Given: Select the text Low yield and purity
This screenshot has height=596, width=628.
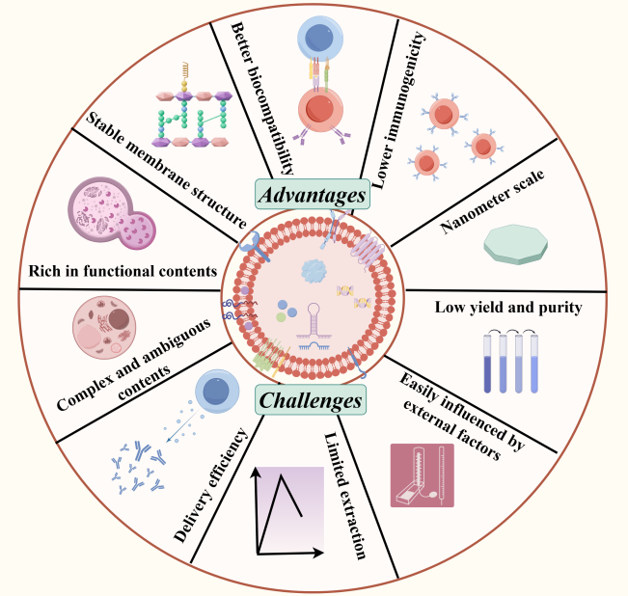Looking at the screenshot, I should (x=507, y=308).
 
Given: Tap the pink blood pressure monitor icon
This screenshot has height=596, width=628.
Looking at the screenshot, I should (x=423, y=474).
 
